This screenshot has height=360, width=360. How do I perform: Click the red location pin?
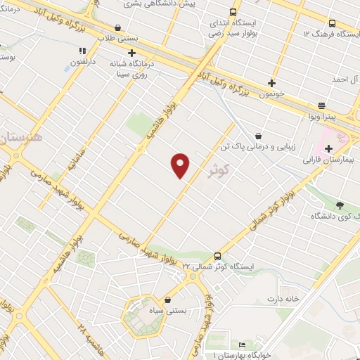point(181,166)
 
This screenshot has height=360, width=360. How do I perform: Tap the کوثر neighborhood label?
point(220,169)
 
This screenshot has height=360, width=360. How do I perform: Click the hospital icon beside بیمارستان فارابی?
point(328,148)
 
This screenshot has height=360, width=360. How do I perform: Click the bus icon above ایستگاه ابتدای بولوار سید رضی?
point(233,12)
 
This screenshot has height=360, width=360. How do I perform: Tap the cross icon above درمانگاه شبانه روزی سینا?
point(131,53)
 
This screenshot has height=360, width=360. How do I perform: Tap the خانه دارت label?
point(283,299)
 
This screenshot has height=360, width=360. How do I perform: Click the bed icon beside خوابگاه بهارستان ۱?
point(243,345)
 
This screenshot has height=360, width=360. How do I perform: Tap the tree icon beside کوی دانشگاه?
point(340,205)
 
